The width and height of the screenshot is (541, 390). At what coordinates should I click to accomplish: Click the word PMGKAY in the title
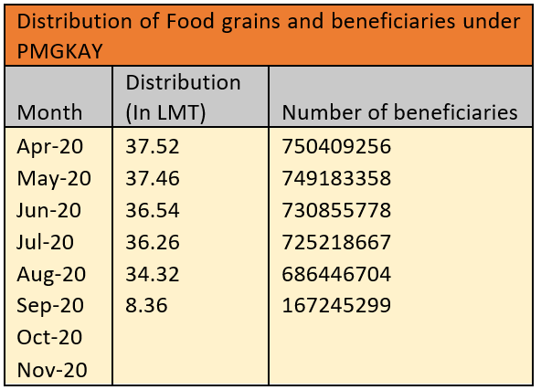click(57, 51)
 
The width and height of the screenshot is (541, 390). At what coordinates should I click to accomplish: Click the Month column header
click(50, 112)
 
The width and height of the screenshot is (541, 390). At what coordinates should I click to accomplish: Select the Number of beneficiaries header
click(399, 112)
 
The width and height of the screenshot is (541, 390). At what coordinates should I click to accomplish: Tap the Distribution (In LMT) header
click(183, 97)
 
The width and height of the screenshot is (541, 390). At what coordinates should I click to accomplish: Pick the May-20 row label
click(53, 178)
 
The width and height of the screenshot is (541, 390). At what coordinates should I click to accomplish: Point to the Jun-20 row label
click(48, 210)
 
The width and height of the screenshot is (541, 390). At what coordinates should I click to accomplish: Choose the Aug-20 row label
click(51, 274)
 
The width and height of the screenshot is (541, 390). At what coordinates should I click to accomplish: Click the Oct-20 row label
click(49, 337)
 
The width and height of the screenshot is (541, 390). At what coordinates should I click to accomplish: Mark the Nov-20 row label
click(50, 369)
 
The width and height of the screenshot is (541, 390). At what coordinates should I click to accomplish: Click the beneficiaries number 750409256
click(336, 147)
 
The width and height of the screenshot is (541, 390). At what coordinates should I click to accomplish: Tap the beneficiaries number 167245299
click(336, 305)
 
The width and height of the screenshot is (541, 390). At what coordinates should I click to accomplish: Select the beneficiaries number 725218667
click(336, 242)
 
